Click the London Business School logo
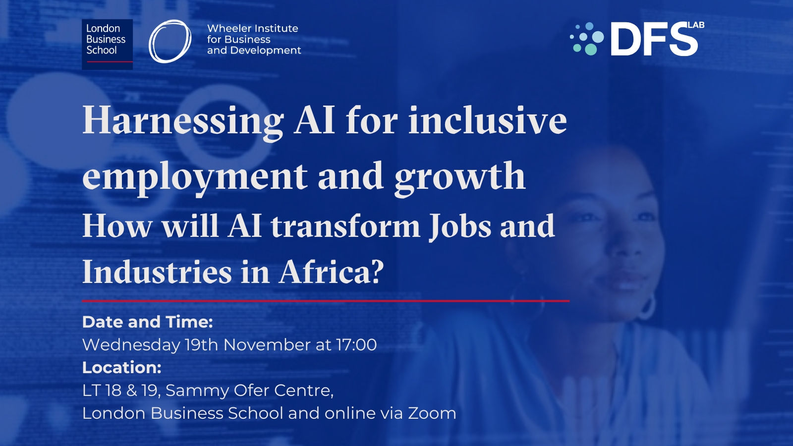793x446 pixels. pos(107,44)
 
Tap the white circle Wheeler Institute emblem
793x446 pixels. pos(170,42)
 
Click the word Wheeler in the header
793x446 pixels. pos(228,28)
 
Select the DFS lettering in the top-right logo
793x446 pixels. pos(654,39)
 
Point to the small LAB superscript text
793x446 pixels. pos(696,25)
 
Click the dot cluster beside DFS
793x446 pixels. pos(587,39)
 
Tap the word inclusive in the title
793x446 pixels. pos(488,120)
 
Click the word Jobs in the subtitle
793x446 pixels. pos(460,227)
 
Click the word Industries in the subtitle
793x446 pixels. pos(157,272)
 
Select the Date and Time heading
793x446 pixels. pos(148,322)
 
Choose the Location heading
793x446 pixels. pos(122,368)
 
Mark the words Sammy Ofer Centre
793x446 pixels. pos(249,391)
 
